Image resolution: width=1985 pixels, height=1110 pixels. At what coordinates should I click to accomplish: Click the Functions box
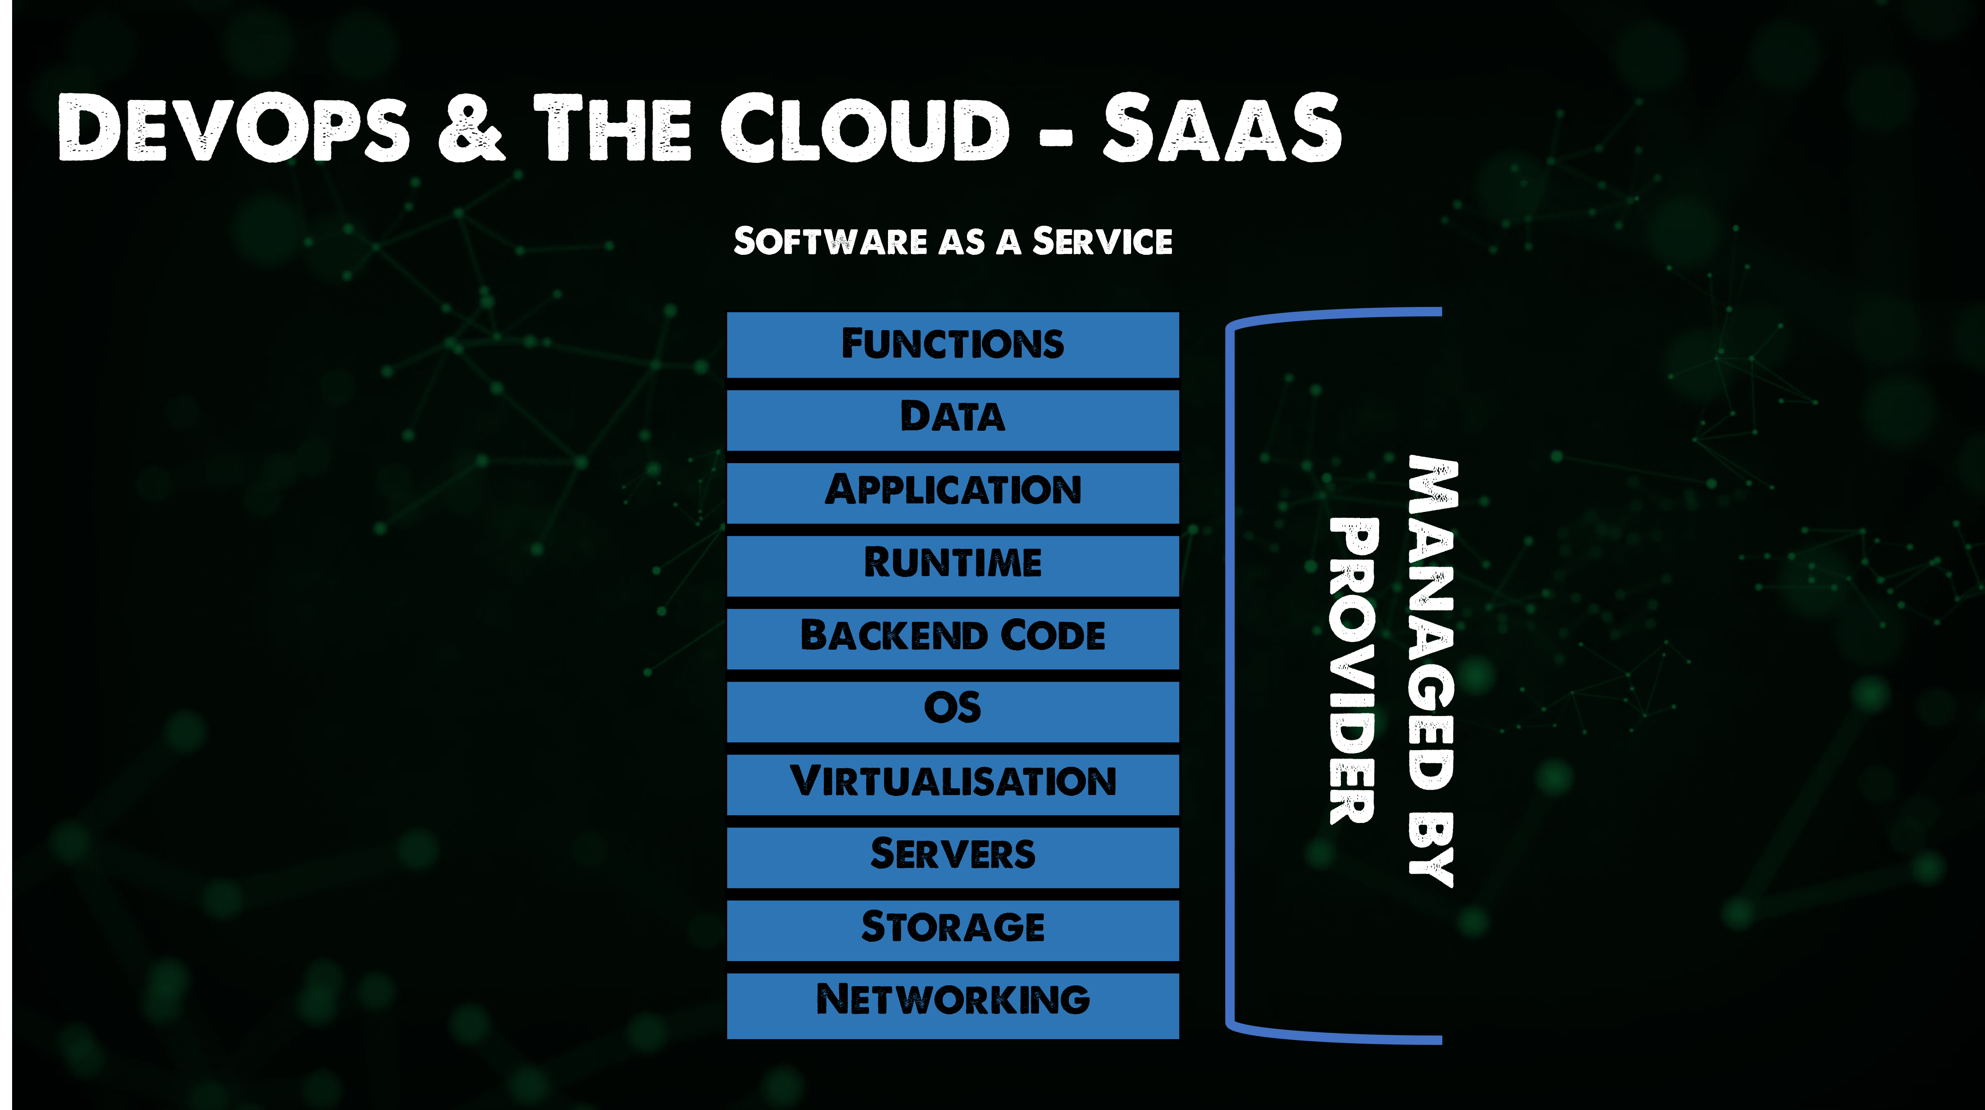point(953,345)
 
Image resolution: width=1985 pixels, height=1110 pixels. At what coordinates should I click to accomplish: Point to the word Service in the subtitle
point(1102,242)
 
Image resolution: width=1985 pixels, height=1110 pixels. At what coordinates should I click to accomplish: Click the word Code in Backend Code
point(1053,637)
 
